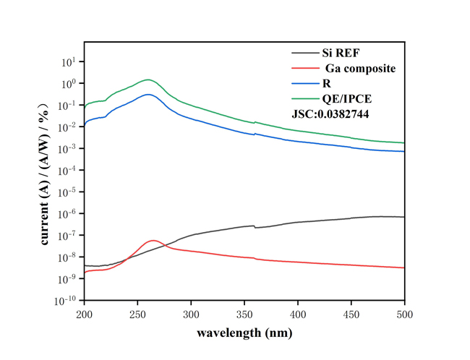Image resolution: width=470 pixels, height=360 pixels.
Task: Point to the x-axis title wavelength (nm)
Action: (244, 335)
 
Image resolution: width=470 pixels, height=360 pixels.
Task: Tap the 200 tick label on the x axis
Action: (85, 314)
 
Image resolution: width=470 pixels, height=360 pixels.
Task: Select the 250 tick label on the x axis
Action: (138, 314)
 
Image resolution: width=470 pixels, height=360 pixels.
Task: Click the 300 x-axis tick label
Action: (192, 314)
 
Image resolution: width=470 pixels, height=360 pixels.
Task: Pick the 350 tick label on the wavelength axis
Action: (244, 314)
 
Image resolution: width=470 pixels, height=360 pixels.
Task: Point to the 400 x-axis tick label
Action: (298, 314)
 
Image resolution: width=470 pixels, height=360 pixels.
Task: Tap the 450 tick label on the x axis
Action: (351, 314)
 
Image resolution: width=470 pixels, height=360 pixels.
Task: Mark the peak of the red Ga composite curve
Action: (153, 240)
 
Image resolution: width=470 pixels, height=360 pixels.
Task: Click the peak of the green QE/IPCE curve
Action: (148, 80)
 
